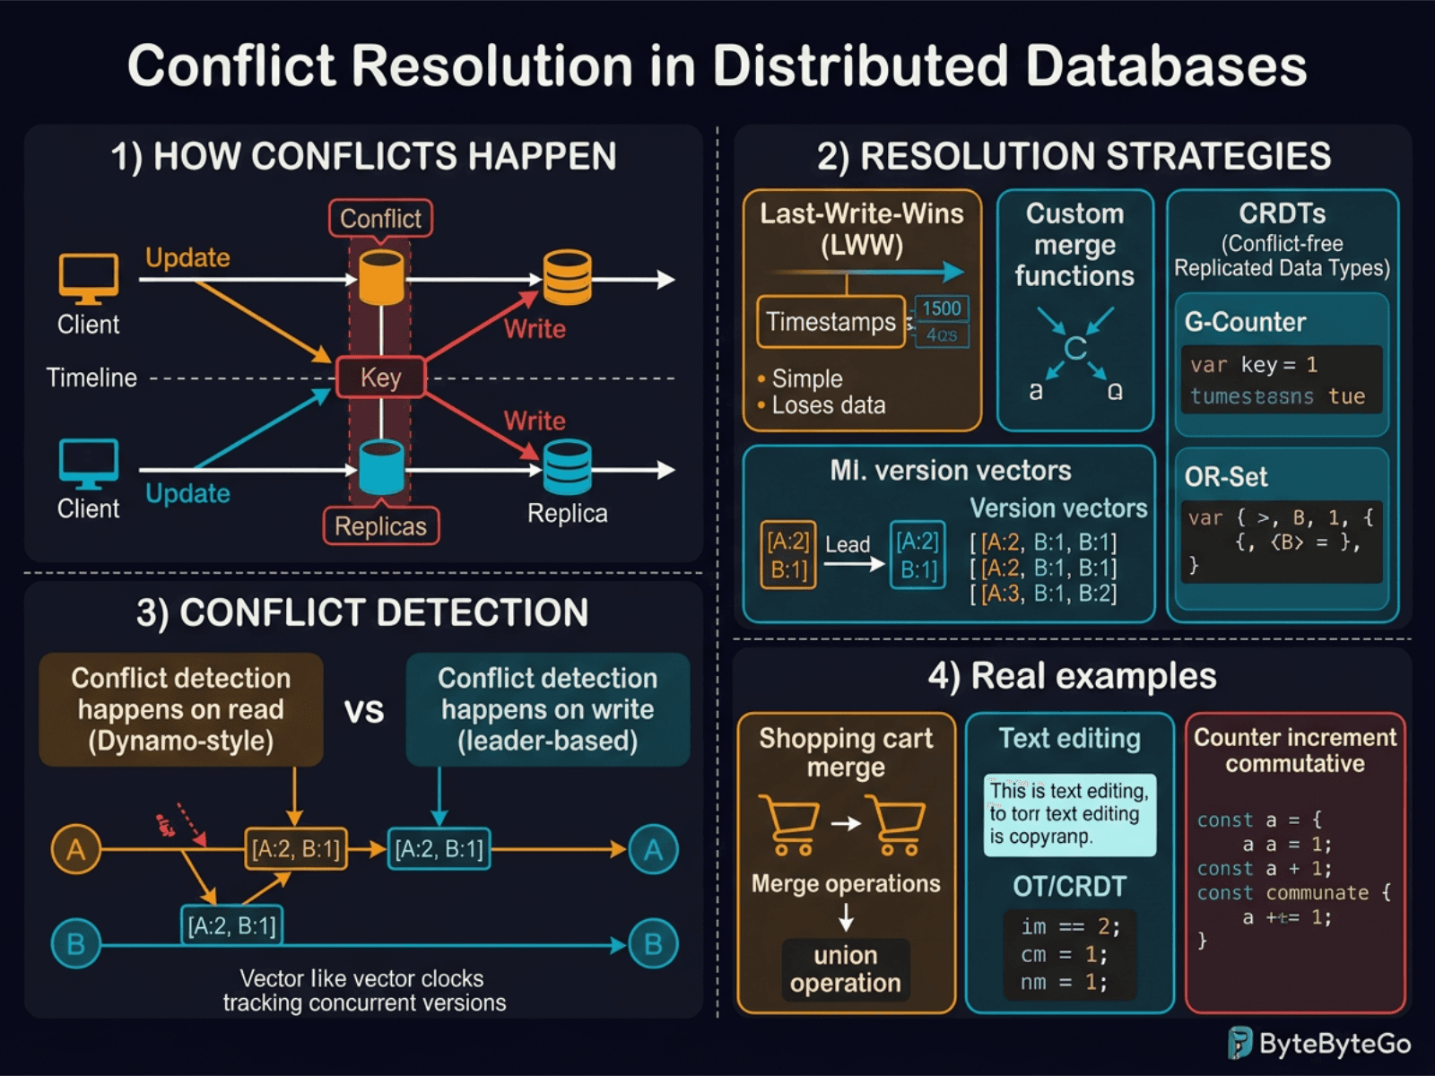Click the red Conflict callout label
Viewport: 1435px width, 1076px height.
(380, 218)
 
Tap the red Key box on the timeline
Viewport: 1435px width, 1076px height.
(380, 377)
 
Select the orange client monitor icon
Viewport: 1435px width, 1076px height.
(88, 278)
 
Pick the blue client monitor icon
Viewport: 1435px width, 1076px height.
(88, 463)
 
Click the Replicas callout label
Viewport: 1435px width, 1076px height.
(380, 526)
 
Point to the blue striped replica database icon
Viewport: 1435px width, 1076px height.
(567, 467)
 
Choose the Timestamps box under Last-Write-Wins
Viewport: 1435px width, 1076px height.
(831, 322)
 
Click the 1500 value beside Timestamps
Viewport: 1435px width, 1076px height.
(941, 308)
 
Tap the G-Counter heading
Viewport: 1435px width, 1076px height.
(1245, 322)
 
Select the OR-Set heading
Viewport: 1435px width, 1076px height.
(1225, 477)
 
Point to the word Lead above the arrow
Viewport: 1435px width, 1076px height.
(847, 544)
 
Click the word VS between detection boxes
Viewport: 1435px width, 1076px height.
(364, 711)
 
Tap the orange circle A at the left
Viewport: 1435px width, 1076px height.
(76, 849)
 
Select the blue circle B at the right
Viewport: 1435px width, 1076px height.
(653, 944)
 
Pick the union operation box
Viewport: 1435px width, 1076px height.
(845, 969)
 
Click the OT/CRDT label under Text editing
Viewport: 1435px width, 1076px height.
(1069, 887)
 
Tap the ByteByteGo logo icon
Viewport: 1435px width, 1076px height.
(1239, 1044)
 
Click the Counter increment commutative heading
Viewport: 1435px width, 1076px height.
(1294, 751)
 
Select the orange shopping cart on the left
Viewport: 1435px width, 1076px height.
(789, 823)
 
